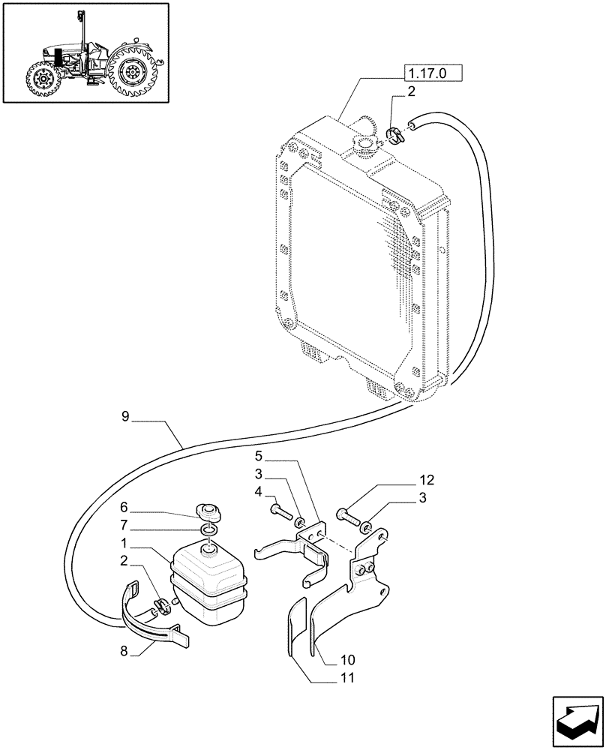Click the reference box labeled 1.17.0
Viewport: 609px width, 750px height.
(433, 73)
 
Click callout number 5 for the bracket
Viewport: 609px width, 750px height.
(257, 455)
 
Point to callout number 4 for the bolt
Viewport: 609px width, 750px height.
(257, 492)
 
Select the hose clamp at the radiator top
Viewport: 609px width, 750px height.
(394, 136)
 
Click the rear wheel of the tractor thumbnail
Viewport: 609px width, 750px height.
(133, 73)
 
